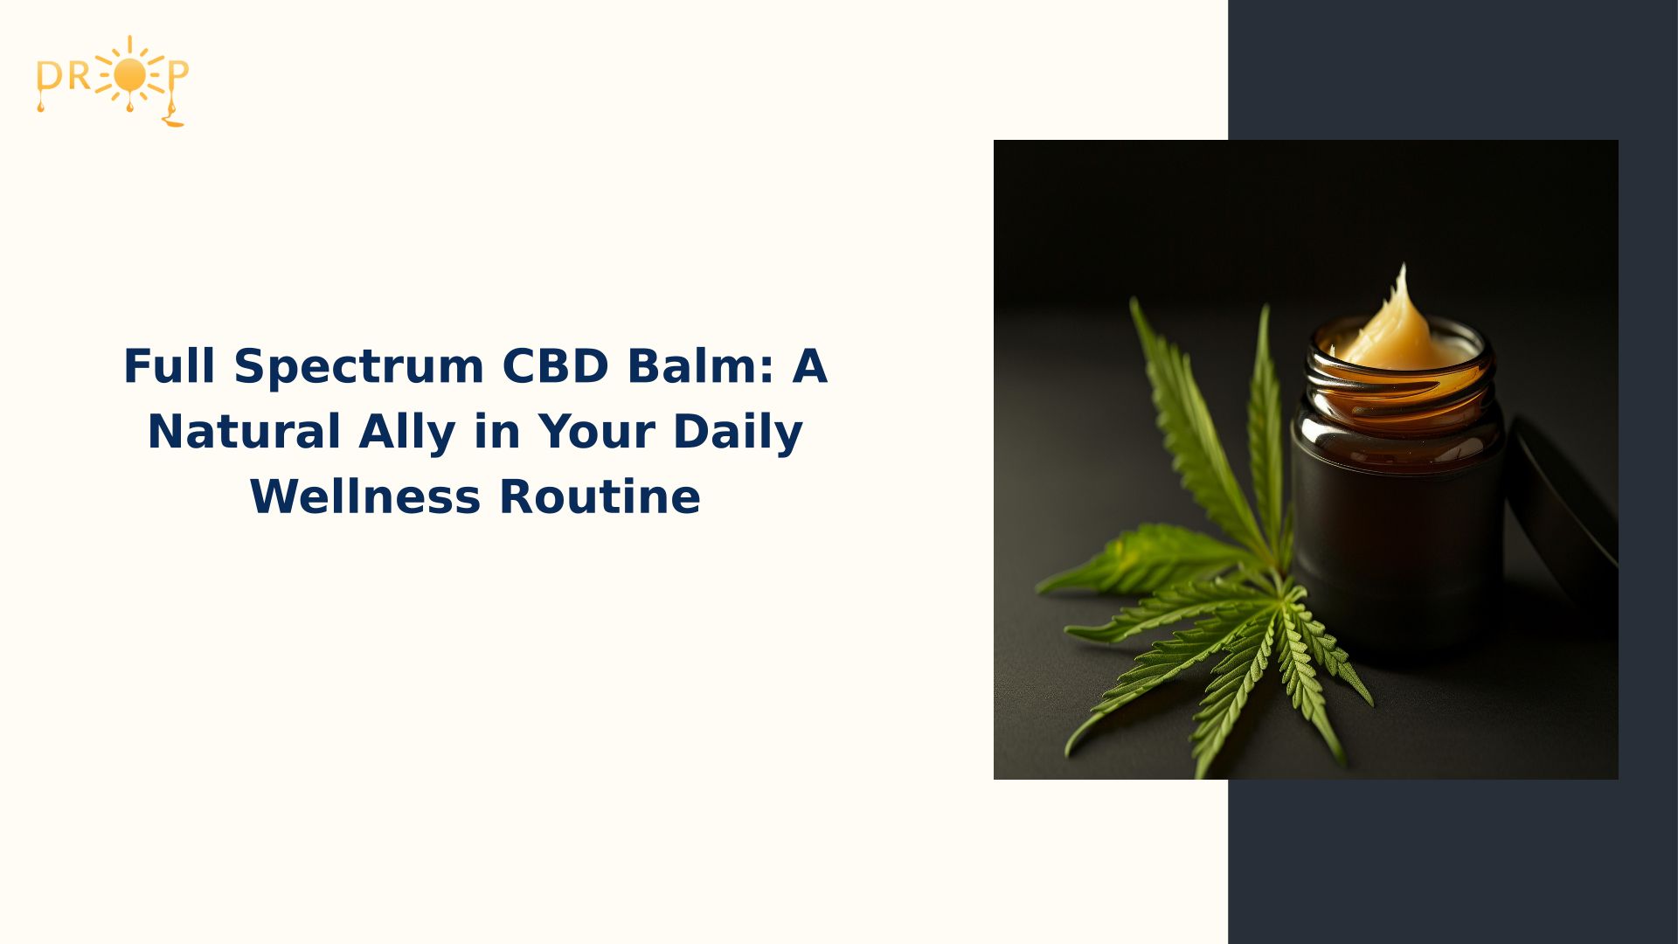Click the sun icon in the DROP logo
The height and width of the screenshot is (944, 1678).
[x=129, y=77]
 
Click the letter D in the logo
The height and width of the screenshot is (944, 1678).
[x=49, y=77]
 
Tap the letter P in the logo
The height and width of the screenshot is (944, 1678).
[x=177, y=75]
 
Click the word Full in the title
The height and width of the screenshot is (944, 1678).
[x=169, y=366]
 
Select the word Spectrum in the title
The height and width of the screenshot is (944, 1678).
[x=358, y=366]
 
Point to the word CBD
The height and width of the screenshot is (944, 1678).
[x=555, y=366]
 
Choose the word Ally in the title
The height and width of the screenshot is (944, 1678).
[x=407, y=432]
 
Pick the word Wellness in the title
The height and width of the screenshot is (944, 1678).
[x=365, y=497]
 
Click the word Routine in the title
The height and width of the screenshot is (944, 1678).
[x=600, y=497]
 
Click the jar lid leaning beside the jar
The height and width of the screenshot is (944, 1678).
[x=1564, y=507]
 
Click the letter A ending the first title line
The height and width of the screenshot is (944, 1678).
[x=809, y=366]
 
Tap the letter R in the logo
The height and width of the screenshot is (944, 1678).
[x=80, y=77]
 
